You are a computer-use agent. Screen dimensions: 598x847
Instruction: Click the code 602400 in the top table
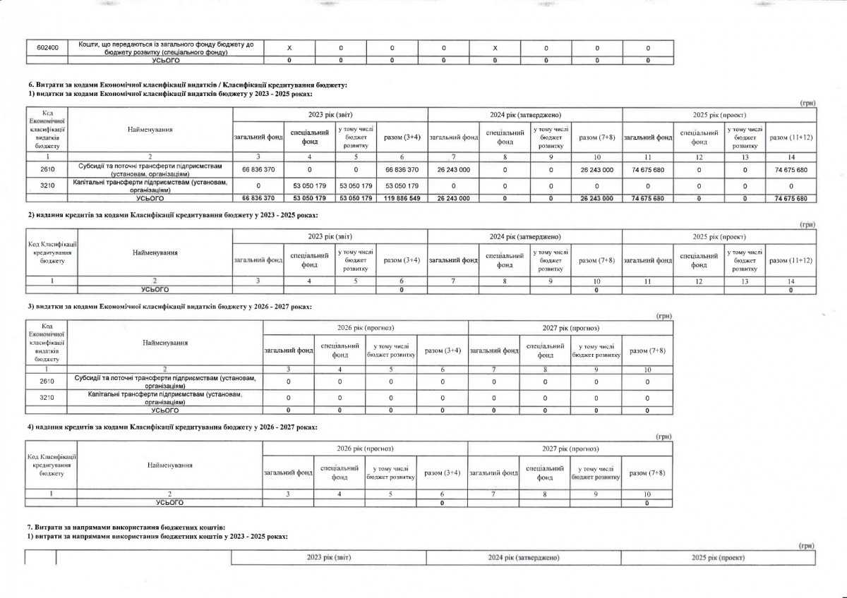coord(48,47)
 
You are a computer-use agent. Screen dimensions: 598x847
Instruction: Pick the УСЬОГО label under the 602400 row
coord(167,61)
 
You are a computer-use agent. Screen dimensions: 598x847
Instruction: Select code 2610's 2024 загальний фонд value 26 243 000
coord(454,170)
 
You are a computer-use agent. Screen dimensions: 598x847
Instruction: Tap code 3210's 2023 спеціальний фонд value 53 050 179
coord(310,185)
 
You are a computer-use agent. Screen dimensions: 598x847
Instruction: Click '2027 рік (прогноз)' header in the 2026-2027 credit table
coord(570,448)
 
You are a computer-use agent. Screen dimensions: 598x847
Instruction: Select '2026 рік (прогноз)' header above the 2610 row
coord(366,328)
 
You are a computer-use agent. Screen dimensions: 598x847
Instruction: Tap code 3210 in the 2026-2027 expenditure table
coord(46,398)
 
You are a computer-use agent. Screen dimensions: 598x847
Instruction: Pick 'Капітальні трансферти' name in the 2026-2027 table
coord(164,398)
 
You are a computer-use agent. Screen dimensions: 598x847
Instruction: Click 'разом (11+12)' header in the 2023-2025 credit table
coord(791,261)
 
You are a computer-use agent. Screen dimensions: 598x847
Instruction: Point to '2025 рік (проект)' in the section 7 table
coord(719,557)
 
